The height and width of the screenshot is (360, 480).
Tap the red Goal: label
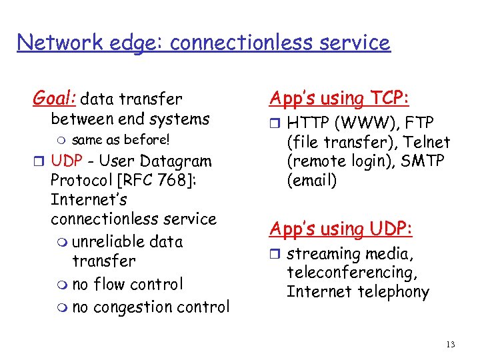coord(55,99)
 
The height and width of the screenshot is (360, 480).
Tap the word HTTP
coord(309,123)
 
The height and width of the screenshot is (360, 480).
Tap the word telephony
coord(393,291)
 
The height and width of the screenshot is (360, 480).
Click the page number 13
coord(451,344)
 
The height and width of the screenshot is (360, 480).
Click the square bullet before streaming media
coord(277,255)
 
